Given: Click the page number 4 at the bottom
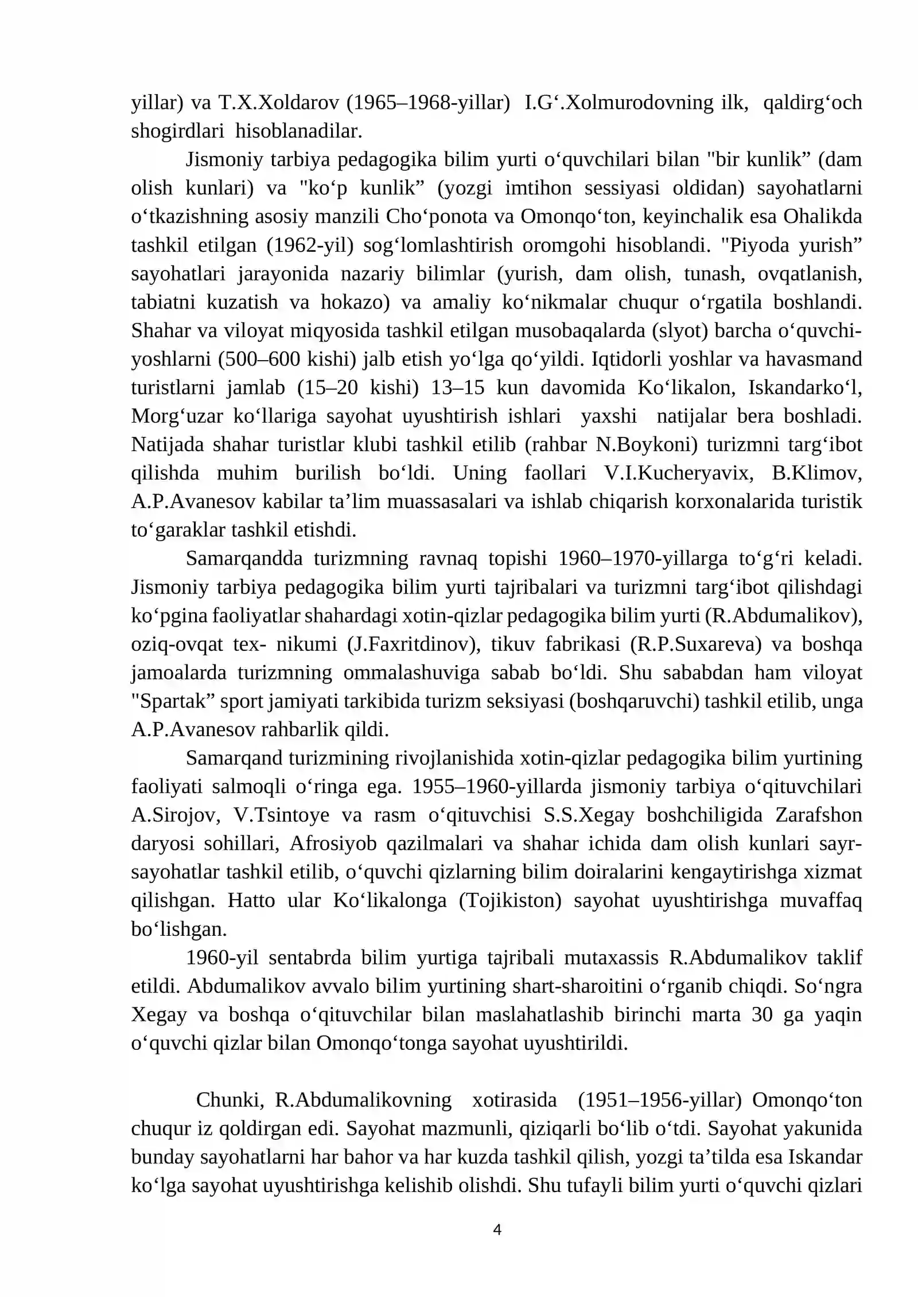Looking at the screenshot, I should point(497,1229).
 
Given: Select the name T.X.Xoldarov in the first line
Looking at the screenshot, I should point(278,103).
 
